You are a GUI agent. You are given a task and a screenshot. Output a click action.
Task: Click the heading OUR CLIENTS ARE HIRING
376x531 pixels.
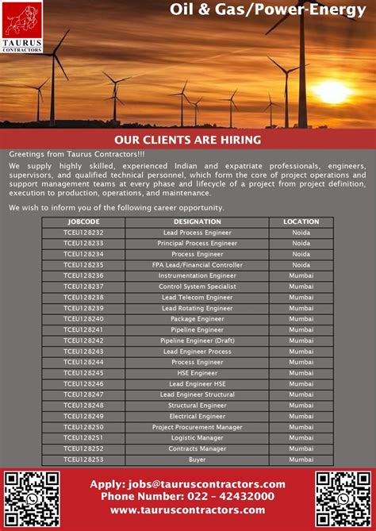pyautogui.click(x=188, y=140)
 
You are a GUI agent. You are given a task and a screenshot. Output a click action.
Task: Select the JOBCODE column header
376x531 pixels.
pyautogui.click(x=83, y=221)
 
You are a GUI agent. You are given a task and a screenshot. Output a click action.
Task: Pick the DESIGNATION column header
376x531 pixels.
pyautogui.click(x=198, y=221)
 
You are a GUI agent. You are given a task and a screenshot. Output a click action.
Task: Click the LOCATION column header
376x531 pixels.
pyautogui.click(x=301, y=221)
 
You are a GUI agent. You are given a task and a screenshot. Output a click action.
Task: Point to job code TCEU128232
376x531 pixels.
pyautogui.click(x=83, y=233)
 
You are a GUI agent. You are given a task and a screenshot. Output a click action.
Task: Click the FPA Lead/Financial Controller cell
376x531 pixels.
pyautogui.click(x=198, y=264)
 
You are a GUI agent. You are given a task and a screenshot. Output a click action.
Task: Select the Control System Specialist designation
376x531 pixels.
pyautogui.click(x=198, y=287)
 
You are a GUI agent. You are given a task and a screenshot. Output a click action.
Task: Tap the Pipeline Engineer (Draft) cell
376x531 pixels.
pyautogui.click(x=198, y=341)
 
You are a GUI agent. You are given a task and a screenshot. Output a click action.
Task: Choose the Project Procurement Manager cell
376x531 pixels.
pyautogui.click(x=198, y=427)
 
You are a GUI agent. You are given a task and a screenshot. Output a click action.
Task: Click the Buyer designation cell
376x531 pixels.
pyautogui.click(x=198, y=460)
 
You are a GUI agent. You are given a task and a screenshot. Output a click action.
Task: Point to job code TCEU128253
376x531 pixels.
pyautogui.click(x=83, y=460)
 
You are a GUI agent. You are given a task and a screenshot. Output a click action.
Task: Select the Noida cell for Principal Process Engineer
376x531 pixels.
pyautogui.click(x=301, y=243)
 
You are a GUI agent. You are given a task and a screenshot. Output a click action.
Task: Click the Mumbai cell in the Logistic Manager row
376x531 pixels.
pyautogui.click(x=301, y=437)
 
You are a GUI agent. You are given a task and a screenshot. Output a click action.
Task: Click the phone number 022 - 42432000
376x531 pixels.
pyautogui.click(x=187, y=497)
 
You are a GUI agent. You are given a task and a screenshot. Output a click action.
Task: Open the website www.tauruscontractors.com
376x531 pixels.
pyautogui.click(x=187, y=510)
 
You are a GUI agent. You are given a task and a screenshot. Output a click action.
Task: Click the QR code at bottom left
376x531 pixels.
pyautogui.click(x=32, y=499)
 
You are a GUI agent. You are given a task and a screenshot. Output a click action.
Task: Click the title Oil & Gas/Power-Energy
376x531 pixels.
pyautogui.click(x=267, y=10)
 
